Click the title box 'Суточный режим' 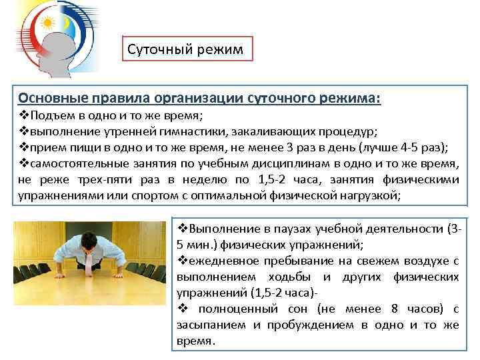tap(189, 49)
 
